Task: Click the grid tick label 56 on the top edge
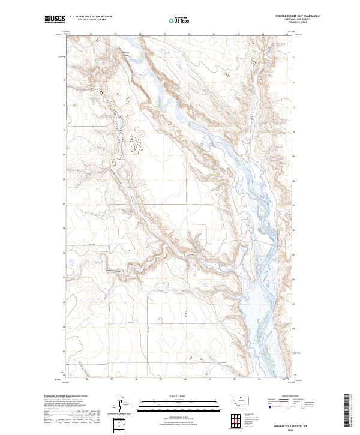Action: pos(90,34)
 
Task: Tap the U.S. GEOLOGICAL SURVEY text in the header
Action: pos(91,20)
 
